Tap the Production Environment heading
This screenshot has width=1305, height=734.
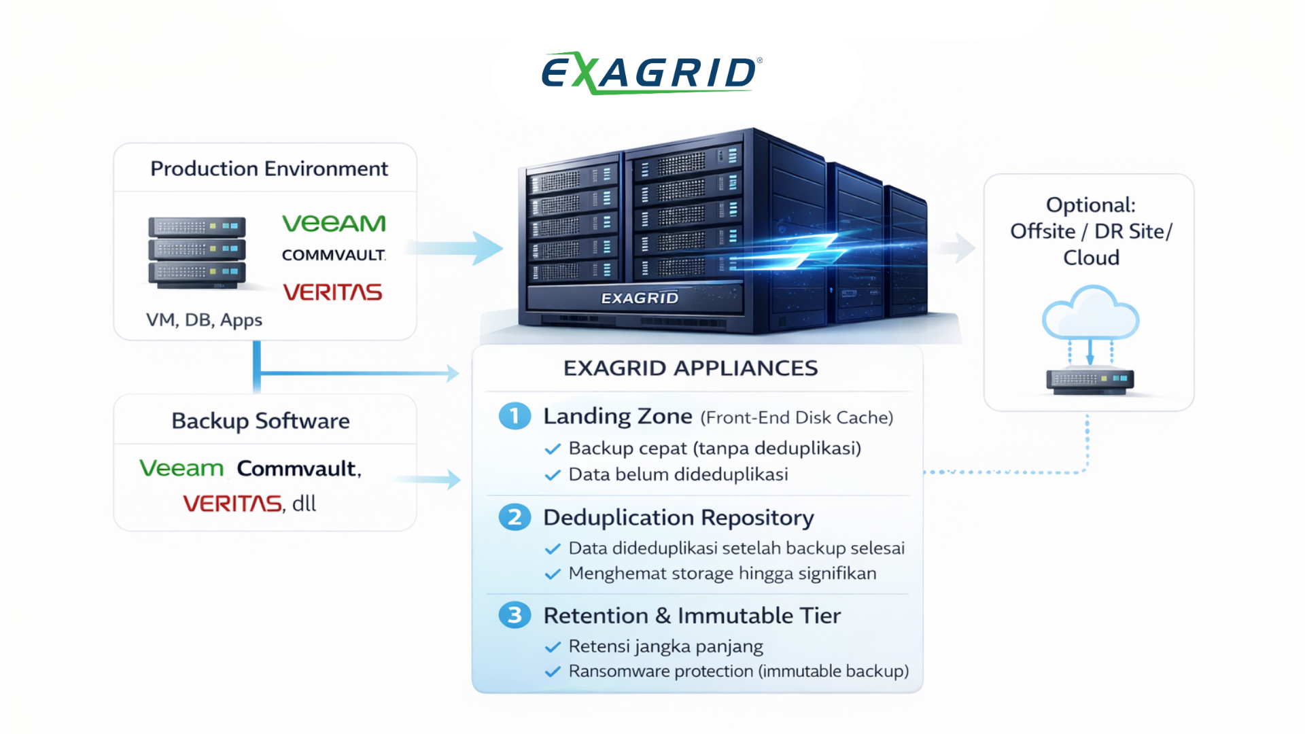pyautogui.click(x=269, y=169)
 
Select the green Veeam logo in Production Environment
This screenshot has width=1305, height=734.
pyautogui.click(x=334, y=223)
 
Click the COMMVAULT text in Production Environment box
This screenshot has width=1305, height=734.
pyautogui.click(x=334, y=255)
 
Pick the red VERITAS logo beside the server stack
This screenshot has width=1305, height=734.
pyautogui.click(x=332, y=292)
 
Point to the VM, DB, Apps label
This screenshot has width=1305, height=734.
pyautogui.click(x=204, y=319)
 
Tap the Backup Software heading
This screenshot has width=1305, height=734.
pyautogui.click(x=260, y=421)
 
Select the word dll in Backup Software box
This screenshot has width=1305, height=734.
pyautogui.click(x=304, y=504)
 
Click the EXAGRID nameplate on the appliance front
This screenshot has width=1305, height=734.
pyautogui.click(x=640, y=298)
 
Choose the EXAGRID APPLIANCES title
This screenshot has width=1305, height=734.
pyautogui.click(x=691, y=368)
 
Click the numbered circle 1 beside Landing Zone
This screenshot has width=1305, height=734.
pyautogui.click(x=515, y=416)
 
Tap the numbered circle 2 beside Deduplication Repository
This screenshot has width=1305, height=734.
pyautogui.click(x=515, y=517)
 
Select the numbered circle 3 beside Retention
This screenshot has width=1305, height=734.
pyautogui.click(x=515, y=615)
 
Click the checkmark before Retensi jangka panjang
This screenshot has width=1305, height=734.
pyautogui.click(x=553, y=646)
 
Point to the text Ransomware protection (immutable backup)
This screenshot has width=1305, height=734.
pyautogui.click(x=738, y=671)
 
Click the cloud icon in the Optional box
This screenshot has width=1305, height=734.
pyautogui.click(x=1090, y=314)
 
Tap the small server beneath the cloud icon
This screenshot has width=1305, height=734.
pyautogui.click(x=1090, y=380)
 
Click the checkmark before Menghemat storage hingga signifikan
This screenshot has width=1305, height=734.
pyautogui.click(x=553, y=574)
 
